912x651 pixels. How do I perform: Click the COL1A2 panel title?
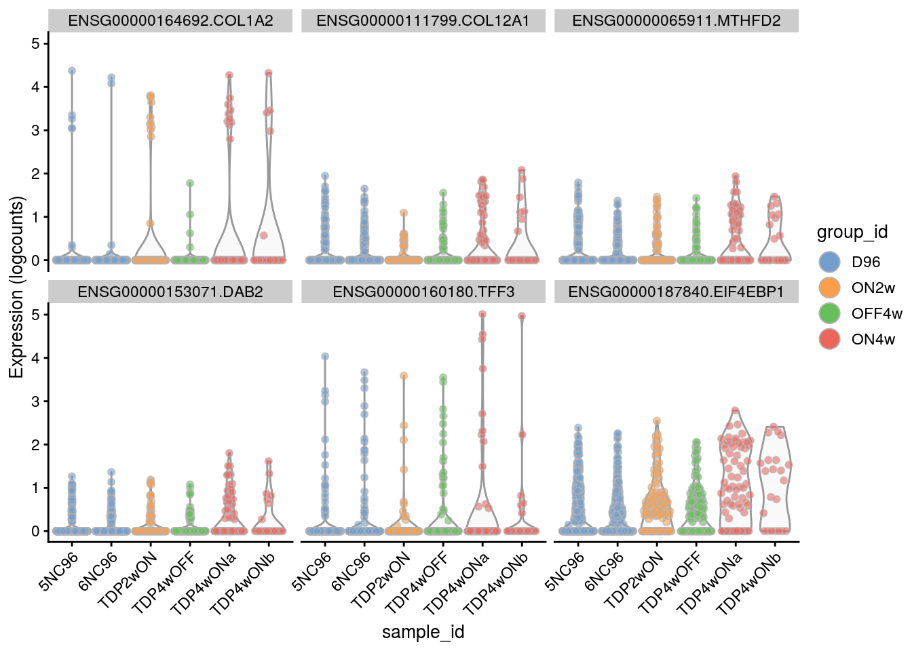coord(170,21)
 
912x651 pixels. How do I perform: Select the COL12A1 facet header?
coord(423,21)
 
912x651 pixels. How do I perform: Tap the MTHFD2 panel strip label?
coord(676,21)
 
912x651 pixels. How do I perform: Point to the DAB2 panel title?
coord(170,292)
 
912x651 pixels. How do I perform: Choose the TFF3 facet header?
coord(423,292)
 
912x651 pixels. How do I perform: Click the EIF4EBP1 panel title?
coord(676,292)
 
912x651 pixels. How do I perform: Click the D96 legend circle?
coord(830,262)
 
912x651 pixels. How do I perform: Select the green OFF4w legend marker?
coord(830,314)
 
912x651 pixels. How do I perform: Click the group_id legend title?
coord(852,233)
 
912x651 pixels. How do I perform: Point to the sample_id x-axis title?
coord(423,633)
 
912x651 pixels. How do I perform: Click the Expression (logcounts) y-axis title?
coord(16,287)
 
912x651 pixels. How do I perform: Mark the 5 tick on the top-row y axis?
coord(35,44)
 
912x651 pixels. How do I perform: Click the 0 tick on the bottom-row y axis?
coord(35,532)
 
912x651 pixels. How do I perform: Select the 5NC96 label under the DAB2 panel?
coord(59,572)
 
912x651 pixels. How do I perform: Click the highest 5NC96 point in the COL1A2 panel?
coord(72,71)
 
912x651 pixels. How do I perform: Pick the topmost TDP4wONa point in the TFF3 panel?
coord(482,314)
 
